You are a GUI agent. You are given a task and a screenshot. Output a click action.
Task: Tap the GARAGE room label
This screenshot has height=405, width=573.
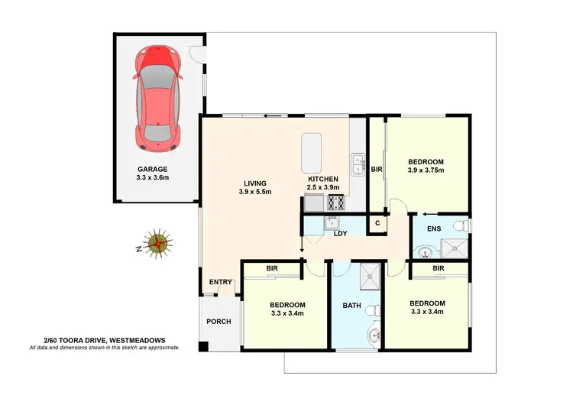[x=153, y=169]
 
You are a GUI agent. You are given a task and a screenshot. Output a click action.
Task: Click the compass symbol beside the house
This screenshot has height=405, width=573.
[x=158, y=243]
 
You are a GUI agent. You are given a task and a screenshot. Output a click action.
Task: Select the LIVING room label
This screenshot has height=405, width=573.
[x=255, y=183]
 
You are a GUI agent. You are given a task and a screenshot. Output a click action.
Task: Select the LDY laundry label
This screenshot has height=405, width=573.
[x=342, y=233]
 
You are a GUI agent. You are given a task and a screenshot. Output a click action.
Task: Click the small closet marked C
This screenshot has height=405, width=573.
[x=377, y=223]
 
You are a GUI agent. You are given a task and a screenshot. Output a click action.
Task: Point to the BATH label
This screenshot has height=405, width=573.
[x=351, y=305]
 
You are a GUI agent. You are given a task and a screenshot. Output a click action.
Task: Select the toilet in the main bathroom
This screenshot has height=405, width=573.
[x=372, y=309]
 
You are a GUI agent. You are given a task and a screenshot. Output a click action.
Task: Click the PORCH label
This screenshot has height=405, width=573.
[x=219, y=321]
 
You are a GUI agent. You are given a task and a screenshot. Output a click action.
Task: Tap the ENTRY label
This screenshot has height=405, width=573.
[x=221, y=282]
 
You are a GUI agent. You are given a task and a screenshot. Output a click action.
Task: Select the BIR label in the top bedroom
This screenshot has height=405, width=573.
[x=376, y=169]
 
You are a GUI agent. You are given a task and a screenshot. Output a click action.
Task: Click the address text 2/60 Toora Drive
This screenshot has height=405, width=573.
[x=104, y=340]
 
